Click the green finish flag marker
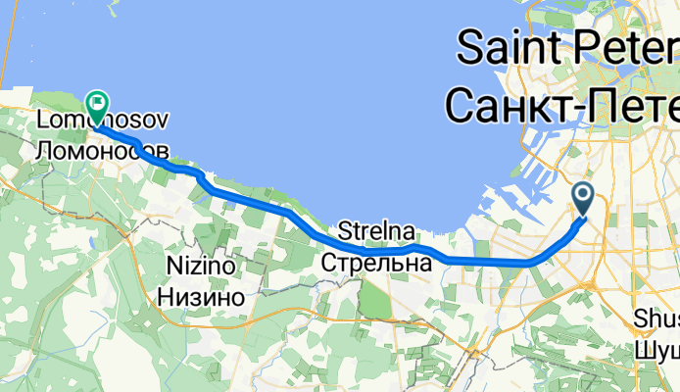[x=98, y=103]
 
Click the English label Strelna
[x=376, y=232]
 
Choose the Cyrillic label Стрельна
[x=377, y=263]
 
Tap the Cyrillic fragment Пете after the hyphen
[x=637, y=103]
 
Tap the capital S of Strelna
[x=345, y=232]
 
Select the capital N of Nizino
[x=173, y=266]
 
